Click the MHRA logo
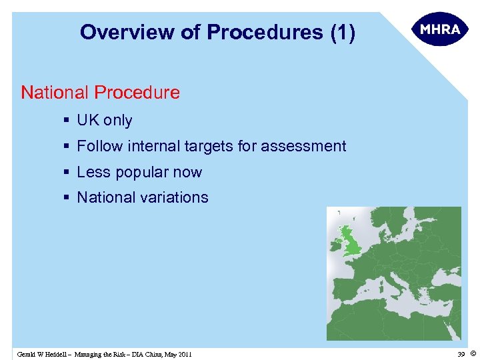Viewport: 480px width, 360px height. coord(440,30)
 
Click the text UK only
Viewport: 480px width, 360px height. coord(105,121)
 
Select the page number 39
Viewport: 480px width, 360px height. coord(461,353)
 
